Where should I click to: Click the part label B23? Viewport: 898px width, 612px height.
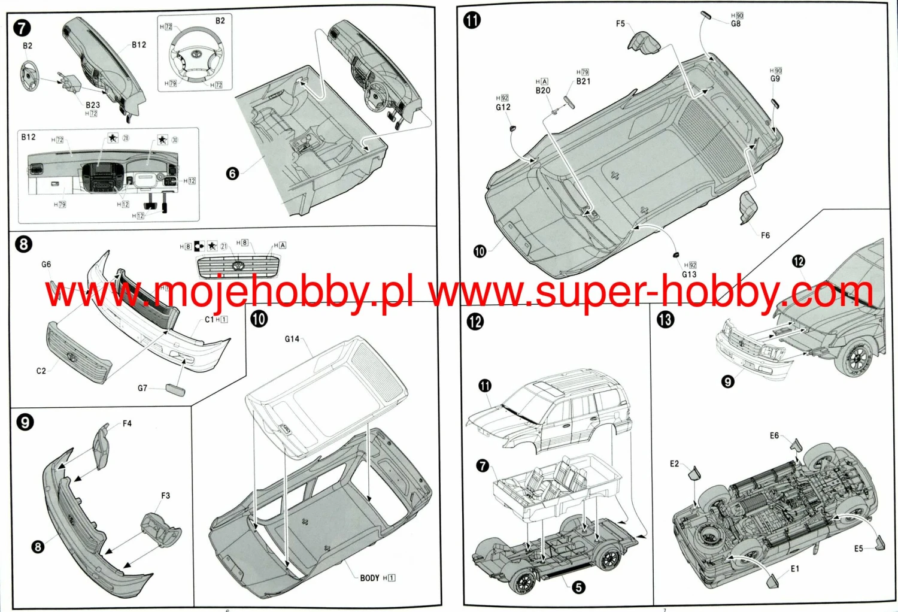[x=93, y=105]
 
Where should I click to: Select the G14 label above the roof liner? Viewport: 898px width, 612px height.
[x=292, y=339]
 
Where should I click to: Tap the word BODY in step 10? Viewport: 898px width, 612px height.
[x=369, y=578]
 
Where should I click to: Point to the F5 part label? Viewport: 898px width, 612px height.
[x=620, y=24]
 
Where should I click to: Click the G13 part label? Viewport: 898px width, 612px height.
[x=689, y=274]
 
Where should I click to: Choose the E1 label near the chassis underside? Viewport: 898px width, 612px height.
[x=794, y=569]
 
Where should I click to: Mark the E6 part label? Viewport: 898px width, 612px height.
[x=774, y=435]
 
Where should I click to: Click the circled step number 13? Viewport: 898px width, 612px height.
[x=665, y=320]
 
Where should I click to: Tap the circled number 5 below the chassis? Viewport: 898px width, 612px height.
[x=578, y=587]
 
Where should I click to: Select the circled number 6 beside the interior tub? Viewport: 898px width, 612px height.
[x=232, y=174]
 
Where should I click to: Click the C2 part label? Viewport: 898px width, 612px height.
[x=41, y=371]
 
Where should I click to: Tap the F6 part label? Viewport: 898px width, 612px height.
[x=765, y=235]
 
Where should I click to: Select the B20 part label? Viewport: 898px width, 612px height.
[x=542, y=90]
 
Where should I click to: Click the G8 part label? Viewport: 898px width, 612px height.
[x=736, y=24]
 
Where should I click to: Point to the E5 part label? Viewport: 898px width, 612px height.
[x=858, y=549]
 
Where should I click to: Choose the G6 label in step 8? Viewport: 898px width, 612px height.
[x=46, y=264]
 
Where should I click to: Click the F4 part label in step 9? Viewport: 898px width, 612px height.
[x=127, y=423]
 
